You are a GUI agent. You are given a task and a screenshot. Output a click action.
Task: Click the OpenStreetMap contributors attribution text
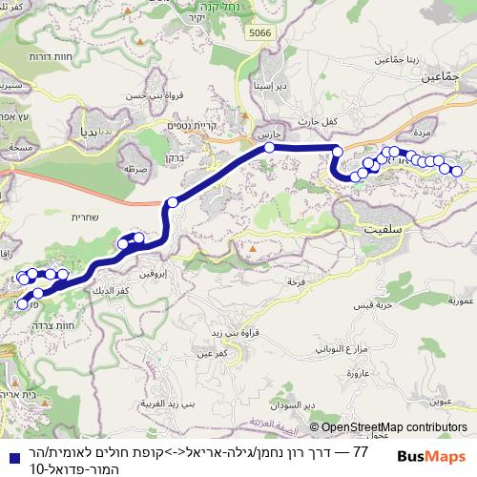388,428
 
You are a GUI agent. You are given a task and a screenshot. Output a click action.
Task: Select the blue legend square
9,451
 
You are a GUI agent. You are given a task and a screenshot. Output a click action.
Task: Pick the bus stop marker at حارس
270,148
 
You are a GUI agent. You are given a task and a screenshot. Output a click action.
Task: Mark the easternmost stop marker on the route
456,172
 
